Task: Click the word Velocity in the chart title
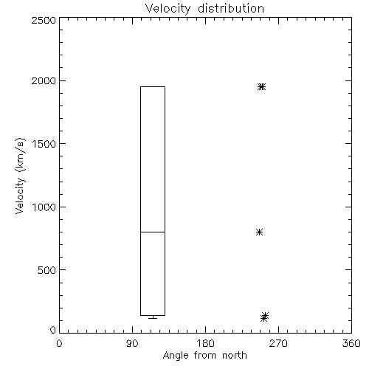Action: [168, 9]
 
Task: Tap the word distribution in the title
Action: [231, 8]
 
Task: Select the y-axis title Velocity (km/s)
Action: [20, 176]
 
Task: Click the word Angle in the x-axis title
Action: [176, 356]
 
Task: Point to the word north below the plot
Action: [235, 355]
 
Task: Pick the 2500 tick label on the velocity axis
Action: [44, 20]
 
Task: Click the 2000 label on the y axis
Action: [44, 81]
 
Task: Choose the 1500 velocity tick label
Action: [44, 144]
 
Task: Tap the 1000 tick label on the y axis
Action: [44, 207]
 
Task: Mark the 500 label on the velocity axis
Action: [47, 270]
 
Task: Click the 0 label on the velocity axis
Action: [53, 330]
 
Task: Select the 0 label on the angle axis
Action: [59, 343]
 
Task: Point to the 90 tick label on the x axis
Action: [132, 343]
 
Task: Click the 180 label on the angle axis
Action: [205, 343]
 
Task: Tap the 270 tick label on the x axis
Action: [278, 343]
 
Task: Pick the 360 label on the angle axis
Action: [351, 343]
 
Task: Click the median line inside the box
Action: [153, 232]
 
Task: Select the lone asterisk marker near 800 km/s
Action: [259, 232]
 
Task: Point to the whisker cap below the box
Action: [153, 319]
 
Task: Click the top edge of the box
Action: [153, 86]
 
